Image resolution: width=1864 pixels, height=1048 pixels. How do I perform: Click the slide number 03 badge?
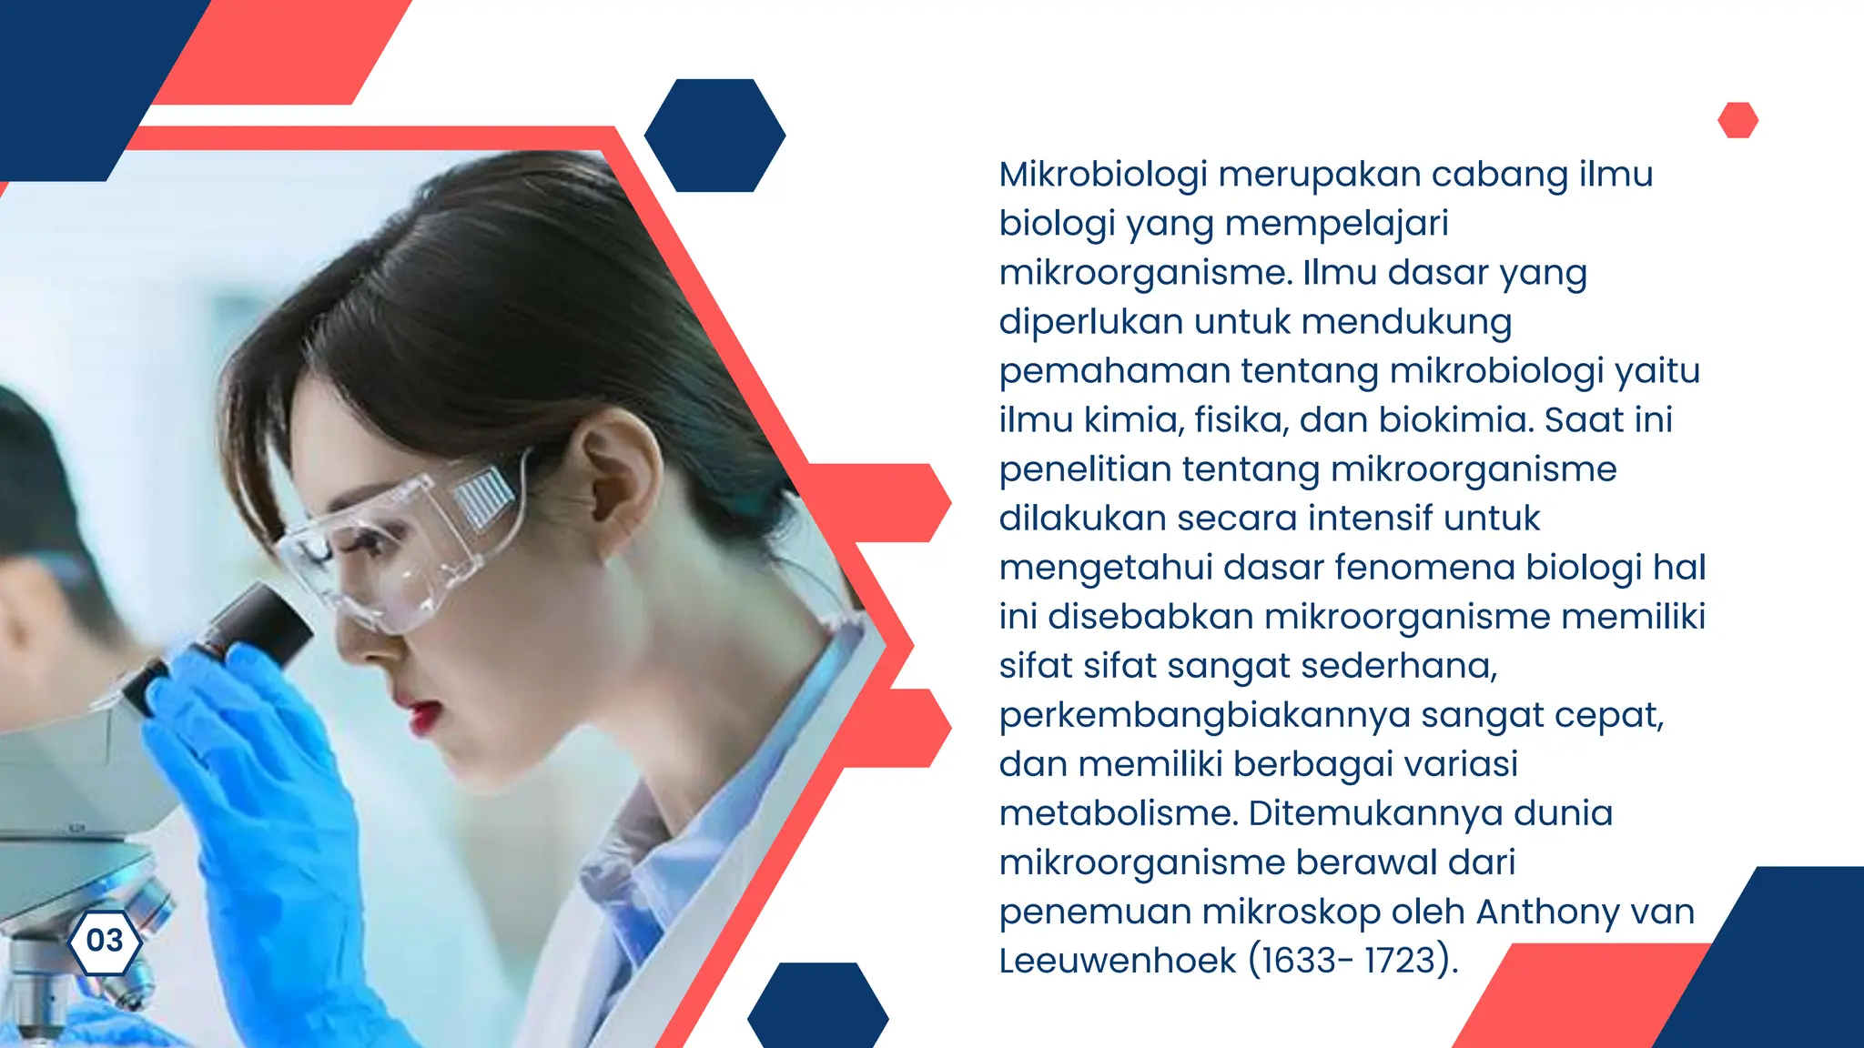click(105, 941)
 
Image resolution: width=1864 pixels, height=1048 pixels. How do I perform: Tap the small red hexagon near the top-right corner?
click(1737, 120)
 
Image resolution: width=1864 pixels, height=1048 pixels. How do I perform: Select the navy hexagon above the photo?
click(714, 136)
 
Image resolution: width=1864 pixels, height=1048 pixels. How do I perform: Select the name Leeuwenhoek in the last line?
click(1118, 961)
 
